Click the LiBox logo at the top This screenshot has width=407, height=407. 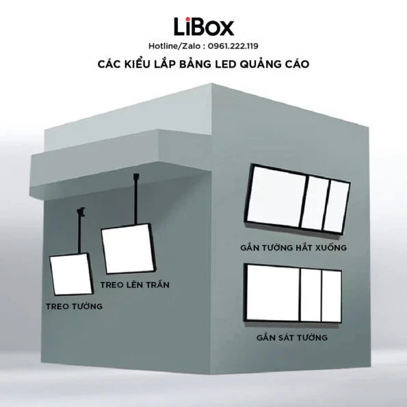(204, 27)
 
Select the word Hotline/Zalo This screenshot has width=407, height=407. (174, 46)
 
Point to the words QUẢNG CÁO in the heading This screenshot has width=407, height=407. (274, 64)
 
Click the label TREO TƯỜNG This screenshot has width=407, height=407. (75, 306)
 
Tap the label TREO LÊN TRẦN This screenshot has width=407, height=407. (135, 285)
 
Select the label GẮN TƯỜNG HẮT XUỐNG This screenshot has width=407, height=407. (293, 247)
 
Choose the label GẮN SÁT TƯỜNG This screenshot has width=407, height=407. (292, 337)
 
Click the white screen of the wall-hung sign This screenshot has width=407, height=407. (71, 274)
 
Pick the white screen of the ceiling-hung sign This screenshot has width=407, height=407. (128, 248)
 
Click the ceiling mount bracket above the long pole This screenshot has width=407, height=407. (136, 177)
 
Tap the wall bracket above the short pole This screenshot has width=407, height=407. (82, 211)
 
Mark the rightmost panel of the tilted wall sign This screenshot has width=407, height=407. (336, 207)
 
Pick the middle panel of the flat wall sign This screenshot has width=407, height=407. (311, 295)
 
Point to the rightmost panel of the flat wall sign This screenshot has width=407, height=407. (331, 296)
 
